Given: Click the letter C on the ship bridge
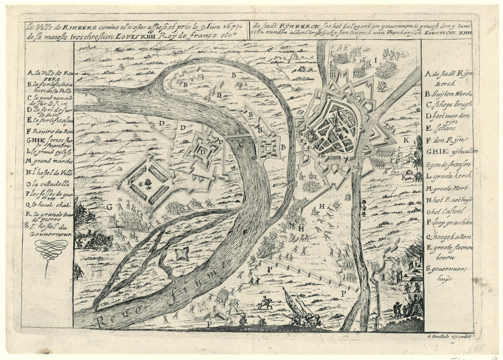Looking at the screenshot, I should (240, 145).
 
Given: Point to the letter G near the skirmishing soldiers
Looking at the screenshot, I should (110, 207).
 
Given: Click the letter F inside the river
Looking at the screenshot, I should (245, 233).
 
